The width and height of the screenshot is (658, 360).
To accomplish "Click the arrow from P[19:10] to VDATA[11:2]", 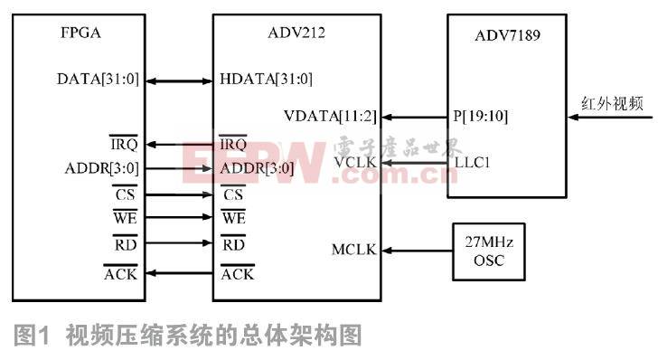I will pos(413,118).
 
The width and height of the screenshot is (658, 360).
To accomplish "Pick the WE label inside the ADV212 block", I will pos(232,218).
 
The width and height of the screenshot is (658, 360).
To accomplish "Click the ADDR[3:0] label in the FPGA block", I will pos(100,168).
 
